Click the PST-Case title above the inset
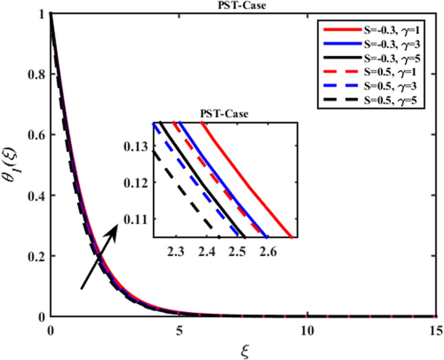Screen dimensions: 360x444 click(x=225, y=114)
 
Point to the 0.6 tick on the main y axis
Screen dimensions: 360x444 click(x=36, y=135)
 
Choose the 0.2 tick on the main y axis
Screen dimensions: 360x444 click(x=36, y=256)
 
